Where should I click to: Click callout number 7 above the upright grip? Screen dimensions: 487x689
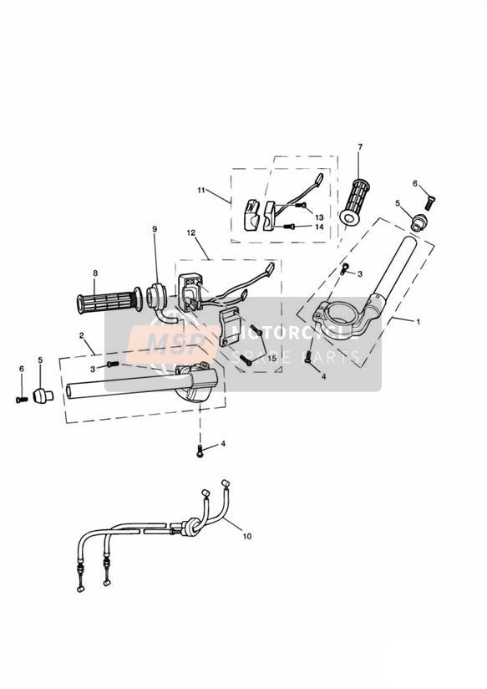[x=360, y=147]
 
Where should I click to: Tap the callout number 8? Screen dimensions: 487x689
[x=95, y=273]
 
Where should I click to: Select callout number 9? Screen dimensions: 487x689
[x=155, y=229]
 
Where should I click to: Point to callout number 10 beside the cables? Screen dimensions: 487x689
[x=247, y=536]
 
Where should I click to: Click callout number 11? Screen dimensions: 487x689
[x=201, y=190]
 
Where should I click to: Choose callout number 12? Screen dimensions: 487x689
[x=191, y=232]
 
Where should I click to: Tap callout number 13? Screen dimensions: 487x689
[x=319, y=217]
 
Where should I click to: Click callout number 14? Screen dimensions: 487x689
[x=319, y=227]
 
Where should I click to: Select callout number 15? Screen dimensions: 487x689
[x=272, y=358]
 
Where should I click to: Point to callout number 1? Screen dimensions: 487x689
[x=418, y=322]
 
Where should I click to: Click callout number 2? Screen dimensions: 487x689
[x=82, y=335]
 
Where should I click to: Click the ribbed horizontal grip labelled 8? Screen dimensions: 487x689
[x=109, y=301]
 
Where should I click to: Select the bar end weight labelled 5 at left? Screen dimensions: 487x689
[x=43, y=396]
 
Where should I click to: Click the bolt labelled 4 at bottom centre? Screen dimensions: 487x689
[x=200, y=451]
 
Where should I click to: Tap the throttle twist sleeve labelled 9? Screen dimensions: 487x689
[x=157, y=295]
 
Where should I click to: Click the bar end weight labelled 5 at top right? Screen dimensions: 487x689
[x=418, y=221]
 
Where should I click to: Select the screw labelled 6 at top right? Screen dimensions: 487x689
[x=429, y=203]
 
